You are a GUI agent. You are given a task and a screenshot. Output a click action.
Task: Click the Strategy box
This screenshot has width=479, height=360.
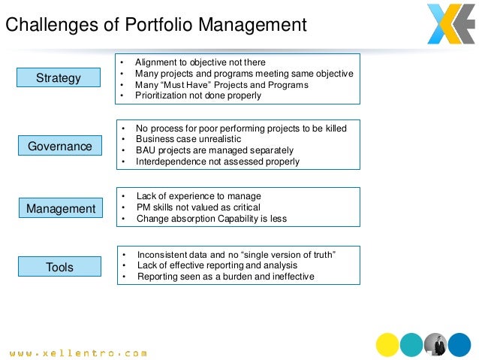pyautogui.click(x=58, y=77)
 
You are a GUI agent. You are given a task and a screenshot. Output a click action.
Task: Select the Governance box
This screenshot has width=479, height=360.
pyautogui.click(x=59, y=146)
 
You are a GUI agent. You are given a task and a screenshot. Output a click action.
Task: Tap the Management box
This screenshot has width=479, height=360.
pyautogui.click(x=61, y=208)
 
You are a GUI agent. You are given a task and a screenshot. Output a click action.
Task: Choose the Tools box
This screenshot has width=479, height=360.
pyautogui.click(x=59, y=266)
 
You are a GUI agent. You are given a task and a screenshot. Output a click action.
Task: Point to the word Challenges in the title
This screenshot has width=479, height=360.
pyautogui.click(x=49, y=25)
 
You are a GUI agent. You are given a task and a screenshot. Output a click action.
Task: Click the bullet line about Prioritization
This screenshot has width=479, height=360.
pyautogui.click(x=198, y=95)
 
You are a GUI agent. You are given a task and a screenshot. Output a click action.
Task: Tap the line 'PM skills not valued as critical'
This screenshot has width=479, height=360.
pyautogui.click(x=198, y=207)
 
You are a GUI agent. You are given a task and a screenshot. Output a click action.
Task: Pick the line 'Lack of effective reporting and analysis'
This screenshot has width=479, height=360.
pyautogui.click(x=217, y=265)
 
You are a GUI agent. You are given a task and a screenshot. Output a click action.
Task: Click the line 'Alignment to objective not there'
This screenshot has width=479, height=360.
pyautogui.click(x=200, y=62)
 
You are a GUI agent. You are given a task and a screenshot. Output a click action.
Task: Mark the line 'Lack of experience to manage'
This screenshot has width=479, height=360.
pyautogui.click(x=198, y=196)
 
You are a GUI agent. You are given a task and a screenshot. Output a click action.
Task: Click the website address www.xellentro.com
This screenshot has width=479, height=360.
pyautogui.click(x=78, y=351)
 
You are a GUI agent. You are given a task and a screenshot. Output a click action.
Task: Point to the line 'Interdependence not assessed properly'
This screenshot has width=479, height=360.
pyautogui.click(x=217, y=161)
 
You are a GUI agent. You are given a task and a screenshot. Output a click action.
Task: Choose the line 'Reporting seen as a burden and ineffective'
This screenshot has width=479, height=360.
pyautogui.click(x=225, y=276)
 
